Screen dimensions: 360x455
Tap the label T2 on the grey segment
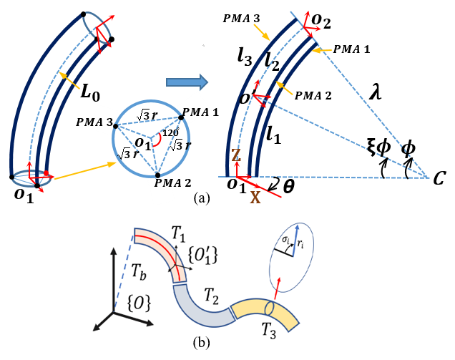tap(212, 293)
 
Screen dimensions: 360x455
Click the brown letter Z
tap(235, 156)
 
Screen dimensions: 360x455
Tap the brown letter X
tap(255, 197)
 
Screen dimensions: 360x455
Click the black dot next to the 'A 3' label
tap(116, 126)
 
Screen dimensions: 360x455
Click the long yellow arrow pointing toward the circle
tap(84, 170)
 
